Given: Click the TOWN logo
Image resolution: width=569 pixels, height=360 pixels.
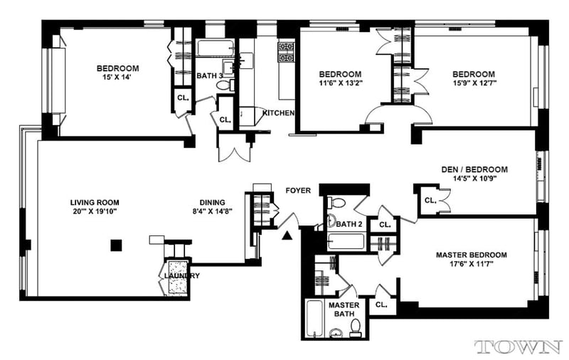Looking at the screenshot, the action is coord(519,347).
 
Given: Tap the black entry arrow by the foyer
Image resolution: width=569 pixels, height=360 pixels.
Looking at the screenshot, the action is coord(287,236).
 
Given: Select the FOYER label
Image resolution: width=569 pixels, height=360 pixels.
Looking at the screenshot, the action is coord(298,191).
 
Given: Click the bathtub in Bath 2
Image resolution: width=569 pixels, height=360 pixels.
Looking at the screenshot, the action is coord(346,241).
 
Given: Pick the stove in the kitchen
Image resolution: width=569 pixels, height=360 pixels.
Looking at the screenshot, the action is coord(286,52).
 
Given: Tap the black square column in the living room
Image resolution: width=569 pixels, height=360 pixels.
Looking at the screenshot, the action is coord(116,245).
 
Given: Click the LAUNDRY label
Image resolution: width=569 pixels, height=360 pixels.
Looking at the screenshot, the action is coord(182,276).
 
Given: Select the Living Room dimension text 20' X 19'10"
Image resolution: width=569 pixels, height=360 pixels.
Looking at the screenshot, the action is coord(95,211).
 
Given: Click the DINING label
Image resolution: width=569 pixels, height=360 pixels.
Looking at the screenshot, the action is coord(212,203).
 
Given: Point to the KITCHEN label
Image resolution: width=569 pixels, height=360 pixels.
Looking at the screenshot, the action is coord(278,113).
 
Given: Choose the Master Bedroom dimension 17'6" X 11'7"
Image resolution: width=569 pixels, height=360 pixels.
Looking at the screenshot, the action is coord(472,264).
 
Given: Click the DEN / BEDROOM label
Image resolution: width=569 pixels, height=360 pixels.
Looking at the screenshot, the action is coord(474,169).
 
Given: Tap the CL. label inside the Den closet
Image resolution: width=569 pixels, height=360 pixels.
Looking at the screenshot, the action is coord(430,201).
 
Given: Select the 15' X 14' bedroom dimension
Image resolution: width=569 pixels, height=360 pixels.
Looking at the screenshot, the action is coord(117,77).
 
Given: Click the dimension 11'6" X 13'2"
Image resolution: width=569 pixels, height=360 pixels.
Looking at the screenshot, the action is coord(340,83).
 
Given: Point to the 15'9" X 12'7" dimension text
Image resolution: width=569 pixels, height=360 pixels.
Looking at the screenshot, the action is coord(474,83).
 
